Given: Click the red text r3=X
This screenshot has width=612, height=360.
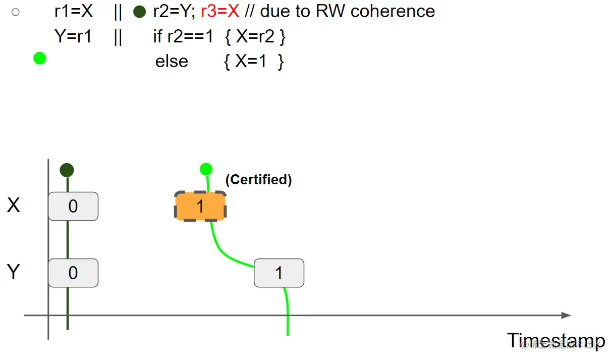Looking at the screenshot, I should [220, 11].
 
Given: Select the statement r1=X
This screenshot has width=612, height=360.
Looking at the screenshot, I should [74, 11].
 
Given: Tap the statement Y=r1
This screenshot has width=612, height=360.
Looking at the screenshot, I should [73, 36].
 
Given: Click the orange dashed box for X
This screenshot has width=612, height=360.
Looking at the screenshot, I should [200, 206].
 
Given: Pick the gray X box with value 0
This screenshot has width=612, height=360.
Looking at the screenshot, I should [73, 206].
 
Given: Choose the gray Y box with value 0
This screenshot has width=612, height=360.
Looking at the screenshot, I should [73, 273].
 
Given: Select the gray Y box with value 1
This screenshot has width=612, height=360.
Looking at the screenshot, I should [279, 273].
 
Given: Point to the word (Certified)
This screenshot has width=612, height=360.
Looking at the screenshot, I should [258, 180].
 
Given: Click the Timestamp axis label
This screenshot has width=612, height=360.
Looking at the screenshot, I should [555, 340].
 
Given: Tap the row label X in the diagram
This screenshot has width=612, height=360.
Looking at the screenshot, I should [14, 205].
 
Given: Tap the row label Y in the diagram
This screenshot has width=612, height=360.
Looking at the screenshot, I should [14, 272].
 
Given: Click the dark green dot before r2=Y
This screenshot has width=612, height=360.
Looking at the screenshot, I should [140, 12].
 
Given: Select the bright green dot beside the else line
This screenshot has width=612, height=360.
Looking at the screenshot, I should [39, 59].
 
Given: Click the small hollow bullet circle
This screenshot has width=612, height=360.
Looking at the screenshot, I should [16, 12].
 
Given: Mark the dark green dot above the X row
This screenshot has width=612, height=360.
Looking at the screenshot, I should [67, 170].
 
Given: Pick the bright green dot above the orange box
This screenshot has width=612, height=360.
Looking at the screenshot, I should [206, 169].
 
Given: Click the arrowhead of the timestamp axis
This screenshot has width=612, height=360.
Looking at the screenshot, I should [566, 316].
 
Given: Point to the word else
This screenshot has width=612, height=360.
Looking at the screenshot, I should [172, 61].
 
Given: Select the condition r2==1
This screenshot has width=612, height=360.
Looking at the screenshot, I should [190, 36].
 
